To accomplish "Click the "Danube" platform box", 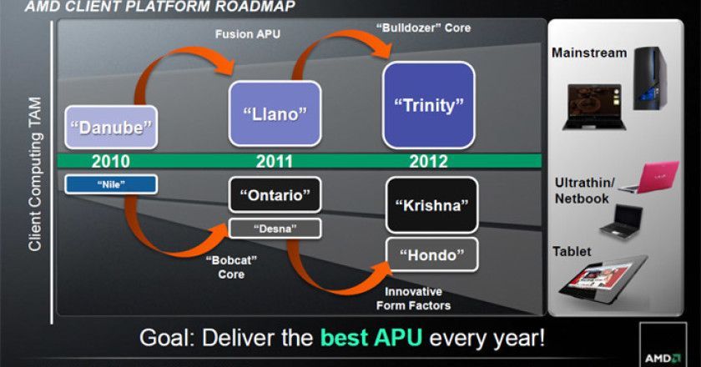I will point(110,128).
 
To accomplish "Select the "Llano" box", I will point(275,113).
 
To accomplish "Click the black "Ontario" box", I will point(275,195).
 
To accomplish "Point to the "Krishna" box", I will point(431,204).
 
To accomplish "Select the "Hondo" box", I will point(431,254).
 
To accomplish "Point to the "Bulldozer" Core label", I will point(424,28).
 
